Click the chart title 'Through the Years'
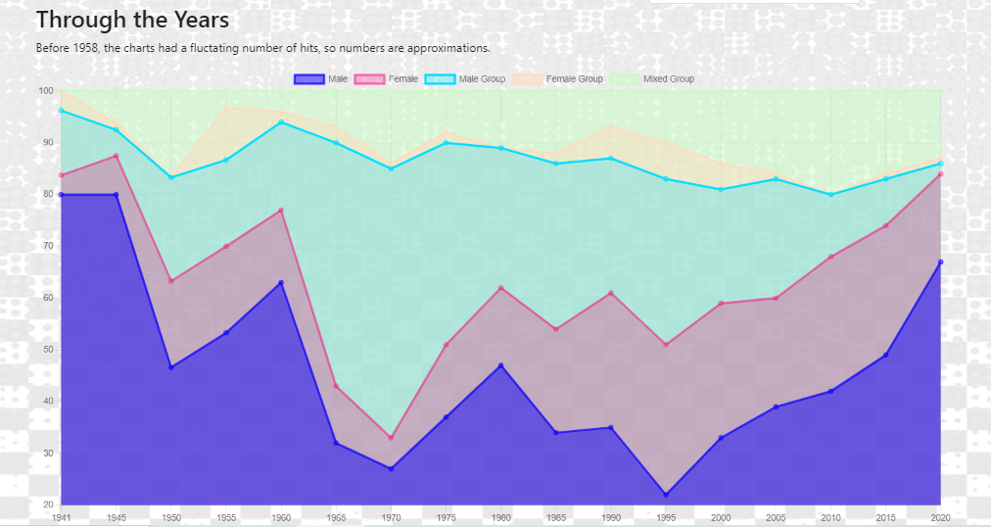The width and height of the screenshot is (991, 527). click(x=132, y=20)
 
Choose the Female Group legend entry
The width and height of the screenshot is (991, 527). click(x=557, y=79)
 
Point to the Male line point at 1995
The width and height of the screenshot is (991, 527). click(x=666, y=495)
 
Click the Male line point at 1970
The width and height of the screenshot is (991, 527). click(x=391, y=469)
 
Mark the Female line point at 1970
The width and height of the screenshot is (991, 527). click(x=391, y=438)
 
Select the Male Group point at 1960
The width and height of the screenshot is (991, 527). click(x=281, y=121)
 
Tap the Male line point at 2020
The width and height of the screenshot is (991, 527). click(x=941, y=262)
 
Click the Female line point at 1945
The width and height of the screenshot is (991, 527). click(x=117, y=156)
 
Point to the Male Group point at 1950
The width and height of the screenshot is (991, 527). click(x=171, y=177)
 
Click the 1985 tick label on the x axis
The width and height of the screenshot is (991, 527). click(x=556, y=517)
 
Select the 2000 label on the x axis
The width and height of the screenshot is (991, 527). click(x=721, y=517)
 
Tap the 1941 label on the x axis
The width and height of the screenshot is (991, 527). click(x=62, y=517)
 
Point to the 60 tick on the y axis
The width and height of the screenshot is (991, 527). click(x=46, y=298)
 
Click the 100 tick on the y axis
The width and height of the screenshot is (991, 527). click(x=45, y=91)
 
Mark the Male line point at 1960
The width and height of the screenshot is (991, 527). click(x=281, y=282)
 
